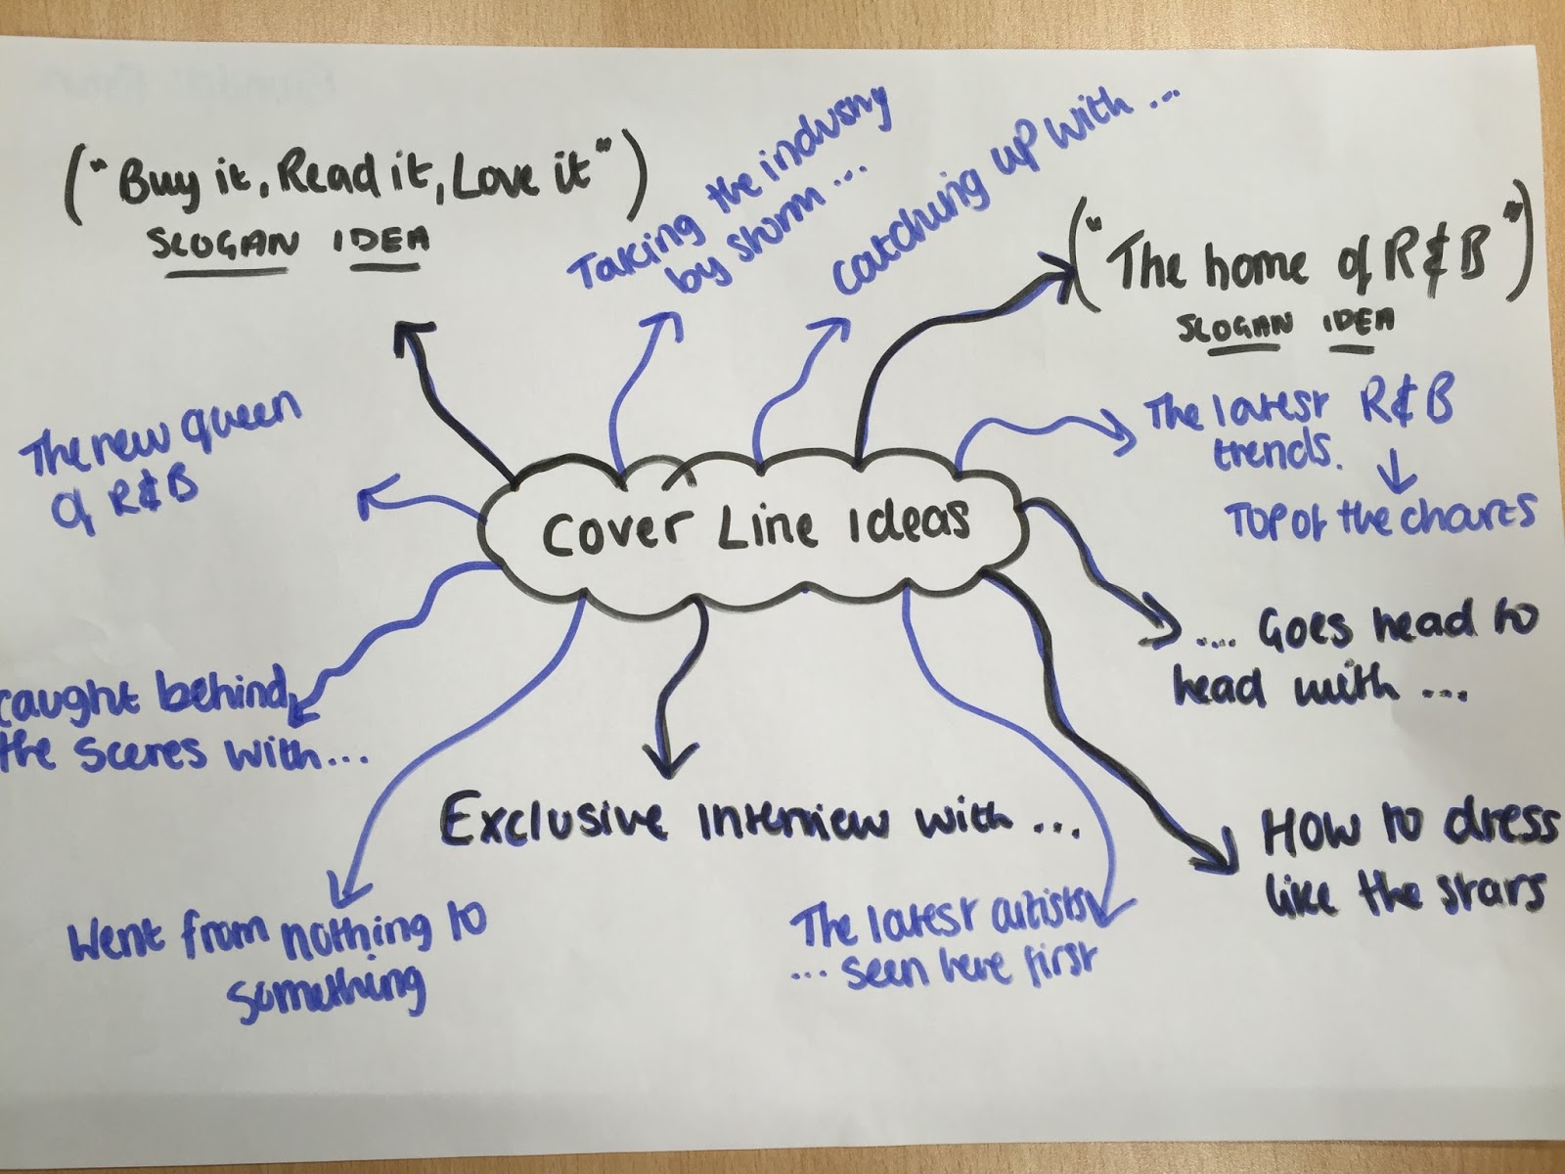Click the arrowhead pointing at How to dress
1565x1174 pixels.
(1213, 856)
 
